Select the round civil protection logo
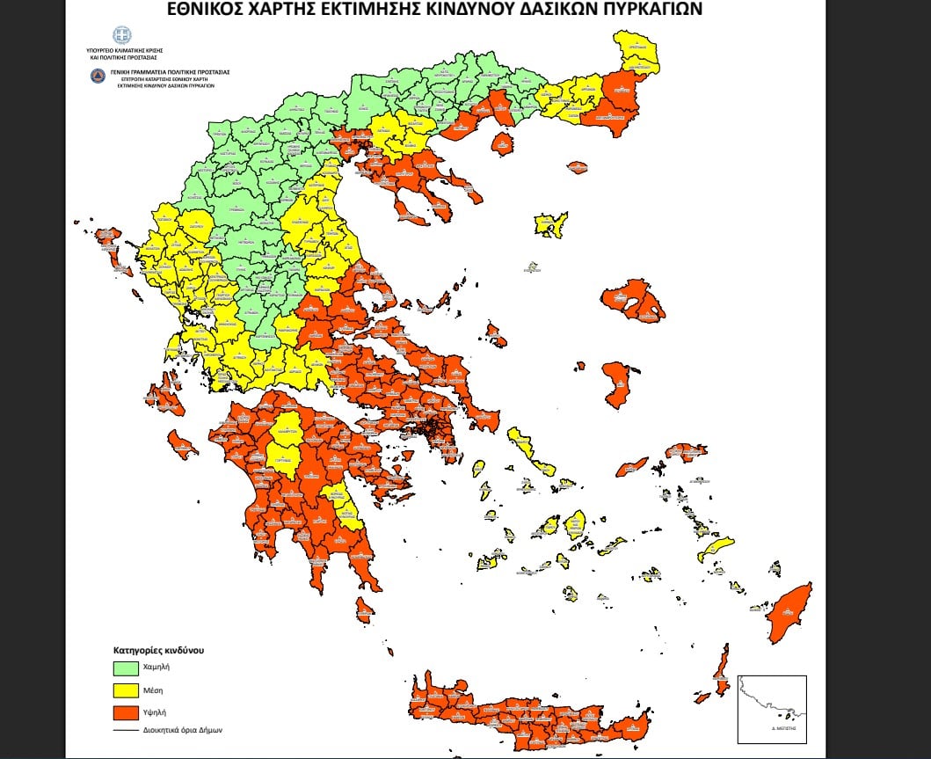(x=97, y=77)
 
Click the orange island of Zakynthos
(x=183, y=444)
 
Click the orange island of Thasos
(x=502, y=143)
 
